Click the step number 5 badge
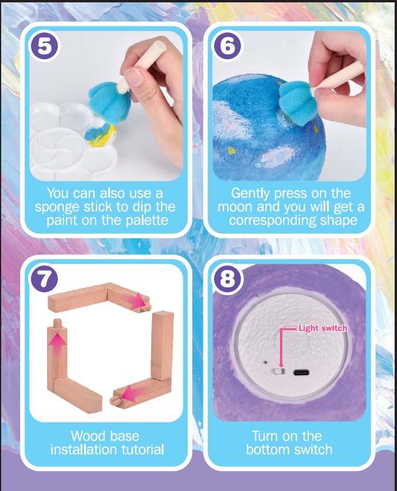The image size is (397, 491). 44,46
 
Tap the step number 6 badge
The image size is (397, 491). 228,46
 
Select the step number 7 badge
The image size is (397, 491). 44,279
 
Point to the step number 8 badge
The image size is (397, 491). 228,279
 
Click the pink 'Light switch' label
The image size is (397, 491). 323,328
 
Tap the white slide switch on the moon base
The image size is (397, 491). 279,372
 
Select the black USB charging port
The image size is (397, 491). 301,372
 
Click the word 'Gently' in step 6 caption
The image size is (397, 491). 250,194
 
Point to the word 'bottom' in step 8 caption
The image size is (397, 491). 268,450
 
